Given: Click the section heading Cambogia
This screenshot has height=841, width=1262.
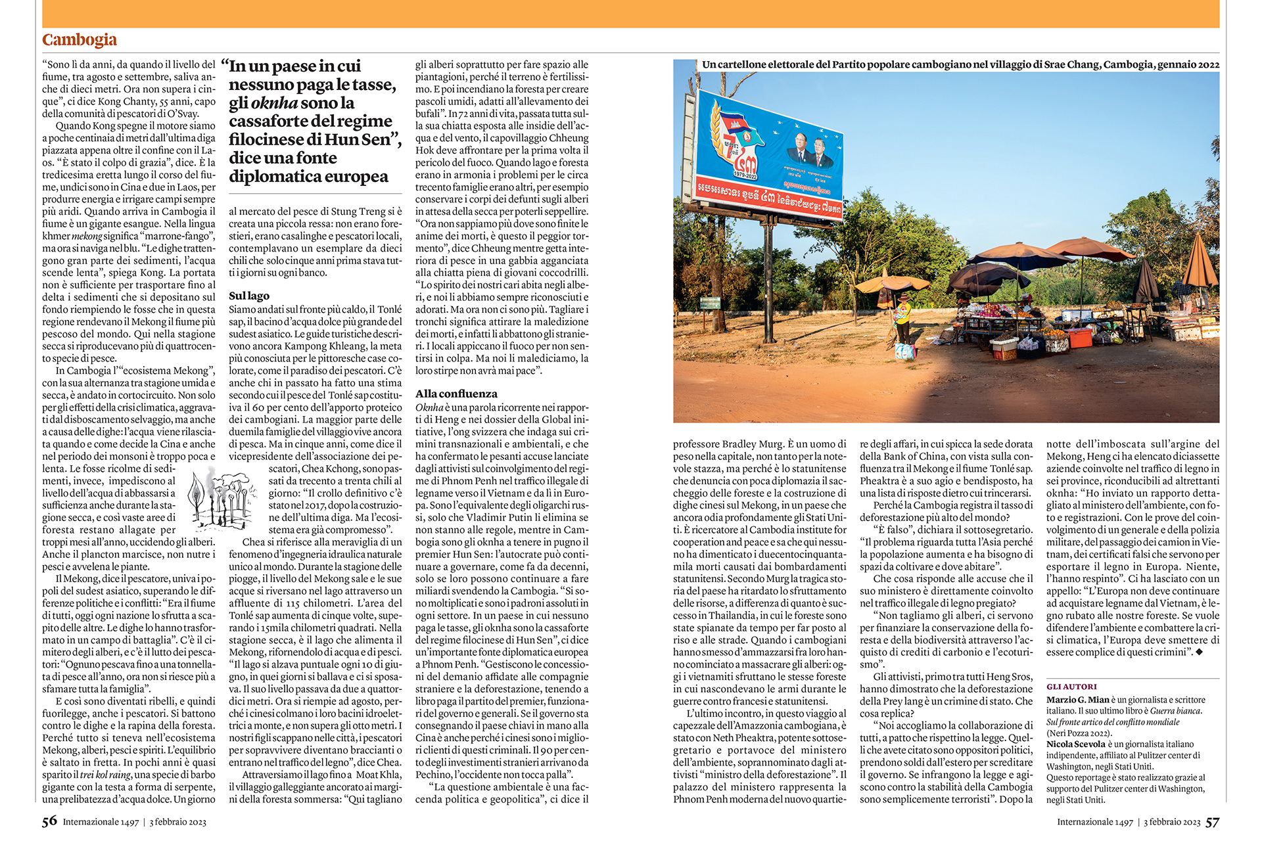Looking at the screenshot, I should click(79, 40).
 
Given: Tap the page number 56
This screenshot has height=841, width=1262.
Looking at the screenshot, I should click(49, 821).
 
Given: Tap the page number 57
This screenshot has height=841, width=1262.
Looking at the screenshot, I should click(1212, 822).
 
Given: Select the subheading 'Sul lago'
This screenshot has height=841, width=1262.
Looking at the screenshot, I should click(248, 296).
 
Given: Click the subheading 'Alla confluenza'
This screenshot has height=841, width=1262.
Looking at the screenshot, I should click(456, 394).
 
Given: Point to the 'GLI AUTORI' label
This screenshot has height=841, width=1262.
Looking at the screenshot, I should click(1071, 687).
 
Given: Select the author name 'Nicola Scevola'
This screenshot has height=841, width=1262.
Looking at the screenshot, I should click(1075, 744).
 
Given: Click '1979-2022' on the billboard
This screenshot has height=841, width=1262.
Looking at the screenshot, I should click(745, 175).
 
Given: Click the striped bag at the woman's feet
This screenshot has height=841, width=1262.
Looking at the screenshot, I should click(905, 352).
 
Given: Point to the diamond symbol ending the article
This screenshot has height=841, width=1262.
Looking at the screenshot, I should click(1200, 652).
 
